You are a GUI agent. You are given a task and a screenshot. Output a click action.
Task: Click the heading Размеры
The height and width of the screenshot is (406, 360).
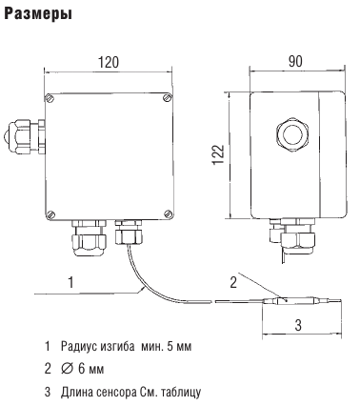point(38,14)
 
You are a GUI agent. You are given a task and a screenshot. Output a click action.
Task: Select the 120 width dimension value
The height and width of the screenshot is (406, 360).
point(108,62)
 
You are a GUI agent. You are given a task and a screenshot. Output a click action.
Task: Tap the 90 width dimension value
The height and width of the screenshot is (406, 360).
point(295,61)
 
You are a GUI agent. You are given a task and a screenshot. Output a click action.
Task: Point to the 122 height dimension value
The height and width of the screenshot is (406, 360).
point(218,154)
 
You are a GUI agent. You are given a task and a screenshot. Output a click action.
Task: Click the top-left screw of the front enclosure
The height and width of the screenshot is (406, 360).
point(50,98)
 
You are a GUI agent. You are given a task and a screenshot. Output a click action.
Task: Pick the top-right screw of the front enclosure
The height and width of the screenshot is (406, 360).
point(168,97)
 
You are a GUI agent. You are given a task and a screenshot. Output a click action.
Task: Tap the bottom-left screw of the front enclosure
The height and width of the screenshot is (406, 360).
point(50,214)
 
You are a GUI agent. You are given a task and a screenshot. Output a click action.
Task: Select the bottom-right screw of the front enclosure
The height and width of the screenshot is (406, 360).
point(168,213)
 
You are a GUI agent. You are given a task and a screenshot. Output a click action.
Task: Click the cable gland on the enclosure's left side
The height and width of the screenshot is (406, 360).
point(26,136)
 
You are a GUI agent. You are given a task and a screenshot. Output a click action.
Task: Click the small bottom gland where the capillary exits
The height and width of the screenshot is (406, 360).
point(129,233)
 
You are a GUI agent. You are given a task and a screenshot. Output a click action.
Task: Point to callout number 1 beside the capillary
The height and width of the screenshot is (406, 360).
point(71,282)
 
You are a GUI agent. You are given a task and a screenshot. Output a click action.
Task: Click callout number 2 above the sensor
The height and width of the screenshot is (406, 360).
point(233,282)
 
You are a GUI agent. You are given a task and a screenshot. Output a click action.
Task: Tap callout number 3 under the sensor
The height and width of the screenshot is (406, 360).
point(298,325)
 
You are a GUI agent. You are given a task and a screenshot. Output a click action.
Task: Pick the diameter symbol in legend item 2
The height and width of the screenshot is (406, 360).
point(66,369)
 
